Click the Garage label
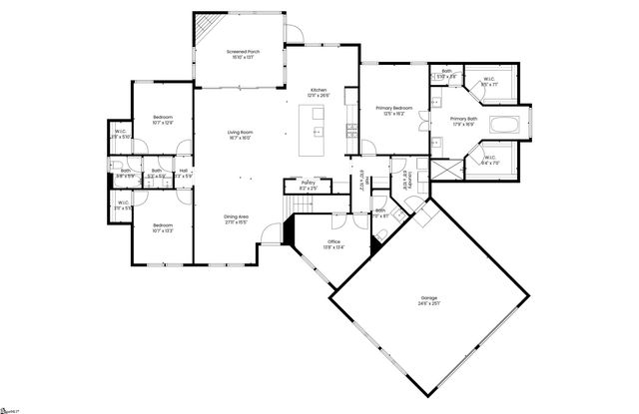coord(430,301)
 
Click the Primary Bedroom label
coord(394,109)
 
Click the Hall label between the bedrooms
coord(184,173)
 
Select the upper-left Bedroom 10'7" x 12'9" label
coord(164,120)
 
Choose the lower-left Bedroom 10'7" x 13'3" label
coord(164,228)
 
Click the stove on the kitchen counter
coord(351,129)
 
